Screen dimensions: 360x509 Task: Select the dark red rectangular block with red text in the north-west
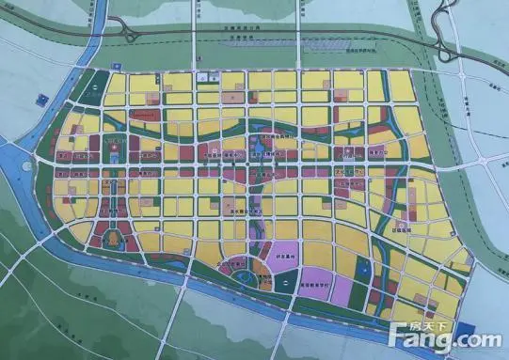tap(142, 115)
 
